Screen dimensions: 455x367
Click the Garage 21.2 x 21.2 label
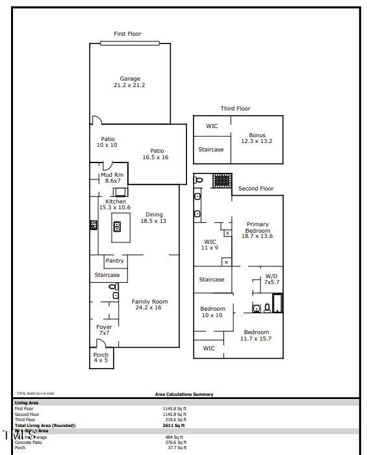coord(130,82)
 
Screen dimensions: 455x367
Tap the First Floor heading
coord(127,34)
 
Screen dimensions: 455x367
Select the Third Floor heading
coord(235,109)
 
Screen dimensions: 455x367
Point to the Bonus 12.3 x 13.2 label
coord(257,138)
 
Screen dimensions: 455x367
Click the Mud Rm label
coord(112,177)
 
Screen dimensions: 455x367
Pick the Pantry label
coord(114,261)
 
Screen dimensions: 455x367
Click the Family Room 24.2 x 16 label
coord(150,304)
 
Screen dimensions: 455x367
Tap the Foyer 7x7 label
coord(104,330)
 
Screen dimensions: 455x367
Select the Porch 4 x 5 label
coord(101,357)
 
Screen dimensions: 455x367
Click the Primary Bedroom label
coord(257,230)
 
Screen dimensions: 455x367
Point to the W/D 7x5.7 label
coord(271,279)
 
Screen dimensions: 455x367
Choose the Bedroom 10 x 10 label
coord(212,311)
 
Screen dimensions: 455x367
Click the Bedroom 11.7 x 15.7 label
coord(256,335)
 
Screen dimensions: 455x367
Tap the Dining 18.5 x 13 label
coord(154,218)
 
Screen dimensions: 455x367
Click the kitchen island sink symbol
coord(118,226)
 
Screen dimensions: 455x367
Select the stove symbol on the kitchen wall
coord(94,225)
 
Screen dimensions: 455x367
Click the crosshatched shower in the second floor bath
coord(222,180)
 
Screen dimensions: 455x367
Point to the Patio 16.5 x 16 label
coord(156,154)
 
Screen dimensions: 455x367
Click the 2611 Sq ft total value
coord(175,425)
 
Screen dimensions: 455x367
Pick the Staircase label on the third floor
coord(211,149)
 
